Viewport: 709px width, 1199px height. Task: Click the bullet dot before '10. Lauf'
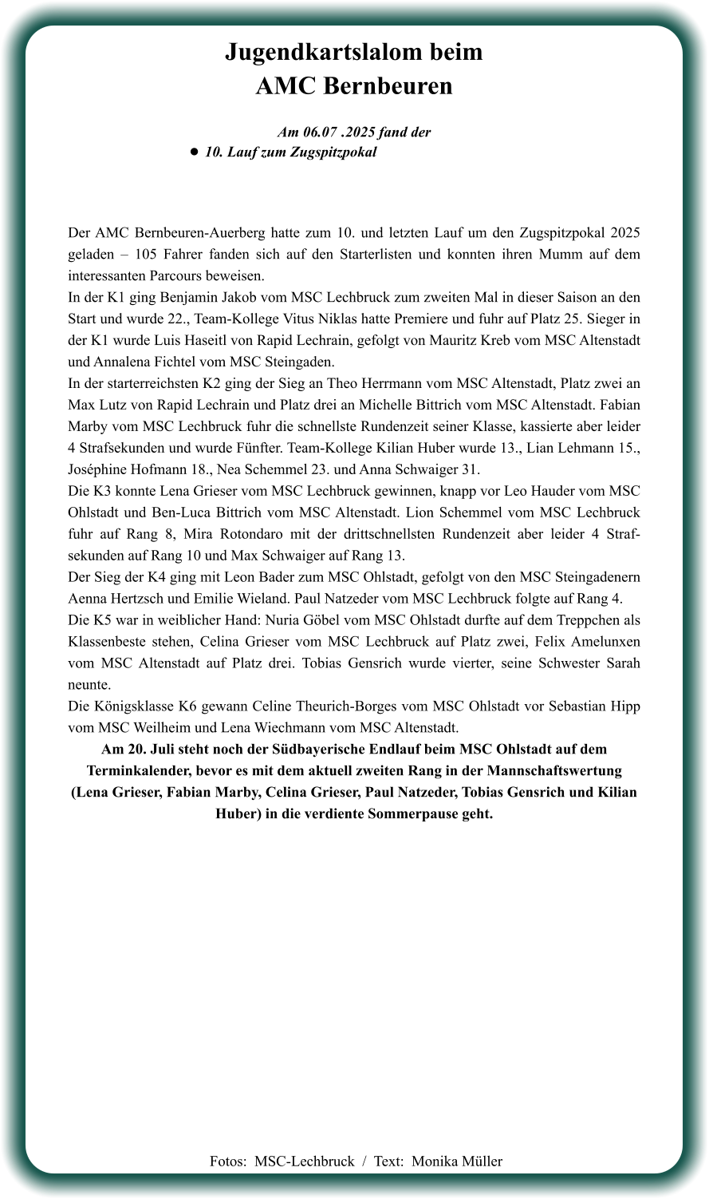(x=194, y=152)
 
